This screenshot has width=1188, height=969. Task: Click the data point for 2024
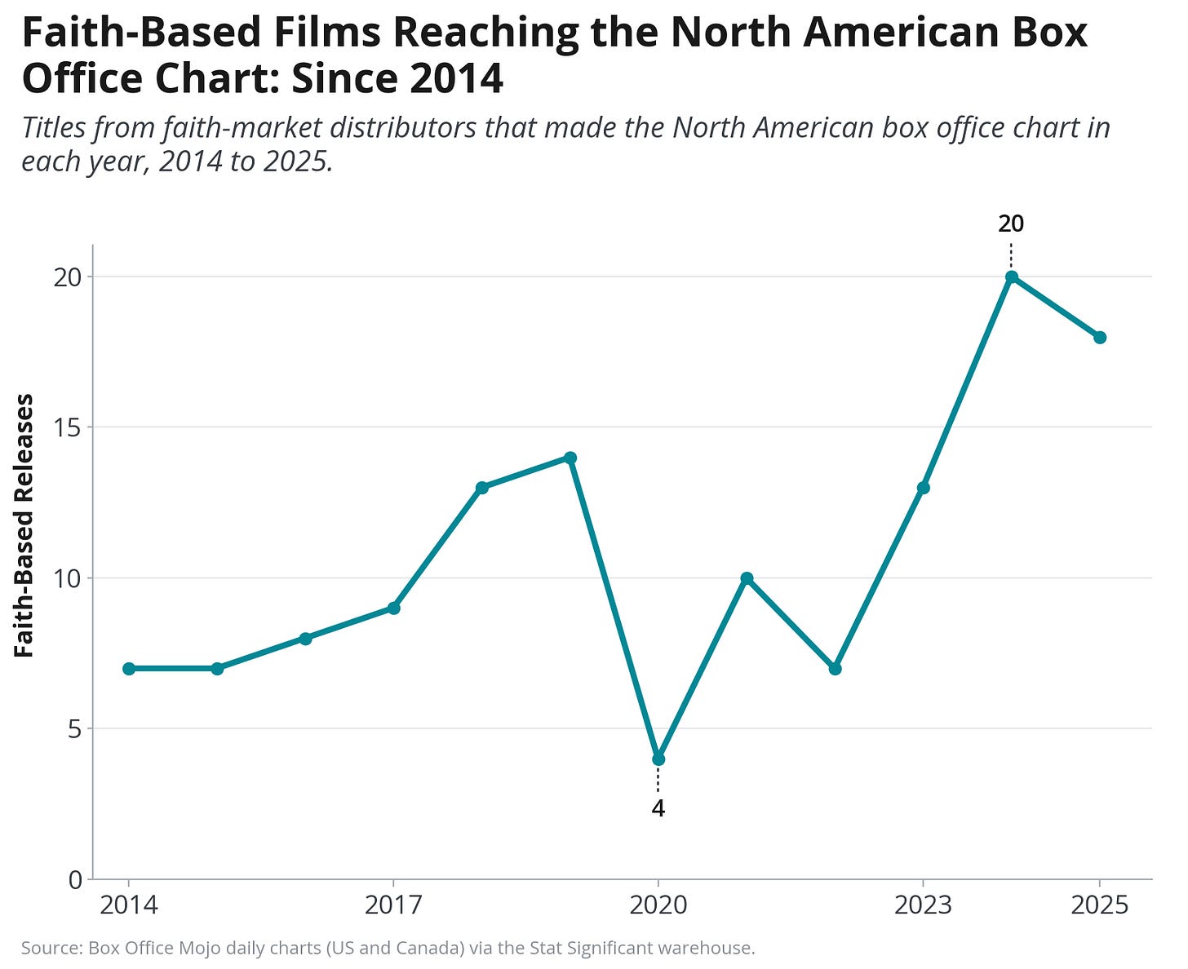1011,277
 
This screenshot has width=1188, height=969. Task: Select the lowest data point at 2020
658,759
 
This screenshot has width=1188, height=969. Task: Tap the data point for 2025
1100,337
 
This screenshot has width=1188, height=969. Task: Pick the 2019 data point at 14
570,458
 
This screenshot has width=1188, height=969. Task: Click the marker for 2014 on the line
129,668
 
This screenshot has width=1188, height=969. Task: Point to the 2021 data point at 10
747,578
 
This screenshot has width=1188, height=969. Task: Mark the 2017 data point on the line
394,608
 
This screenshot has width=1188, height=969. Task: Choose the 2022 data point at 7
836,668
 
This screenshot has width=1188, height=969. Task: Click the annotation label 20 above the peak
1011,224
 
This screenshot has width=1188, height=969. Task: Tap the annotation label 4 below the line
658,808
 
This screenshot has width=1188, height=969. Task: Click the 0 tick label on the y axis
76,879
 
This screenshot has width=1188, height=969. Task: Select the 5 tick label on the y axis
76,729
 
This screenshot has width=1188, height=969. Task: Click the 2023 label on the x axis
924,905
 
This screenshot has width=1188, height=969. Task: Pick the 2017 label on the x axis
394,905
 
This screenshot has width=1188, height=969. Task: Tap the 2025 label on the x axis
1100,905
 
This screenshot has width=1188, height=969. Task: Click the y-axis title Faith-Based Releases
24,525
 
